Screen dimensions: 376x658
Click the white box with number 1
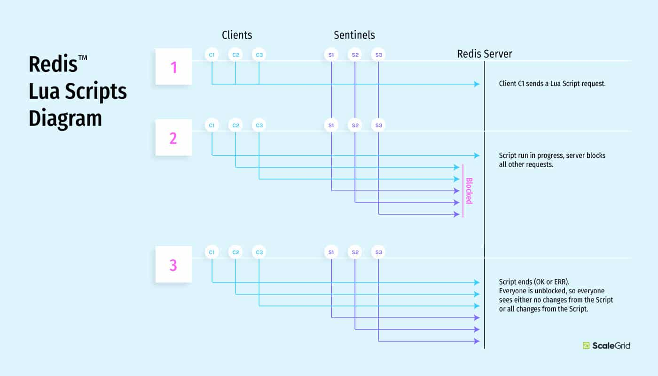coord(173,67)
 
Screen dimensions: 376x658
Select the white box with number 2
coord(173,138)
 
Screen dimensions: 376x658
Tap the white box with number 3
coord(173,265)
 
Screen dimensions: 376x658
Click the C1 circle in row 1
coord(212,55)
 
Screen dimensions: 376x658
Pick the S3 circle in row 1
coord(378,55)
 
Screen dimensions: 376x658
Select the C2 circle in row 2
coord(235,125)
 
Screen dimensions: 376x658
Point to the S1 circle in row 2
coord(331,125)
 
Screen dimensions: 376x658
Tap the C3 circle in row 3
coord(259,252)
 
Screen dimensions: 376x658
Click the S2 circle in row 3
coord(355,252)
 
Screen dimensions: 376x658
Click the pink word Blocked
coord(469,190)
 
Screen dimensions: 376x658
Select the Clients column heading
coord(237,35)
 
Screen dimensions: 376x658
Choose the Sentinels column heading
coord(354,35)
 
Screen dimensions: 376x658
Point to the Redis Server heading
coord(485,54)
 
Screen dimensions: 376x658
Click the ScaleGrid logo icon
coord(586,345)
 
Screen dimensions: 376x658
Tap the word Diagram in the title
coord(65,118)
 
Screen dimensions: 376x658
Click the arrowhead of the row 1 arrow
coord(477,84)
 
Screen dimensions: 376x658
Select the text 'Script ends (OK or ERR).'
coord(534,282)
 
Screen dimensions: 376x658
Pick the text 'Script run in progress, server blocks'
coord(552,155)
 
